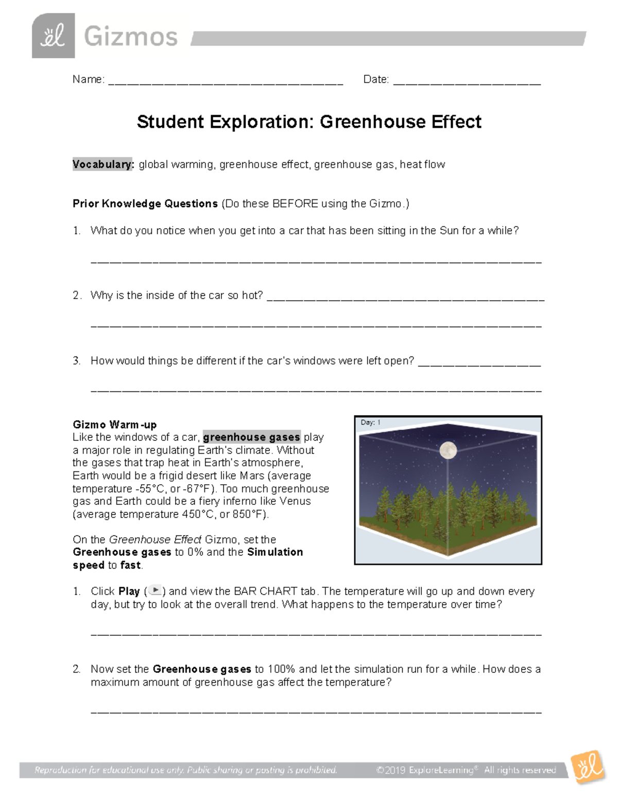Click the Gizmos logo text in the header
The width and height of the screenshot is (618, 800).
click(x=130, y=37)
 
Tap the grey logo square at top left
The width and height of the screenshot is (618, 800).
click(x=53, y=36)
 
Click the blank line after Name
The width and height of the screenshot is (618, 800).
click(x=226, y=81)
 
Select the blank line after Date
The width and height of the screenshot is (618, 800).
click(x=467, y=81)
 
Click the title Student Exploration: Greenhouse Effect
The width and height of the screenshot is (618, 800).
click(x=309, y=122)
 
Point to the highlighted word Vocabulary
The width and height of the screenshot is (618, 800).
click(x=103, y=164)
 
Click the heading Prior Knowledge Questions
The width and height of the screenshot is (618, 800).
click(x=145, y=204)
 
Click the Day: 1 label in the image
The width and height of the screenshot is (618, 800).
click(x=370, y=422)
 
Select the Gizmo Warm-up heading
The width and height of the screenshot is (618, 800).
click(x=114, y=424)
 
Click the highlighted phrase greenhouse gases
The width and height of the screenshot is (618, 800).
click(x=251, y=437)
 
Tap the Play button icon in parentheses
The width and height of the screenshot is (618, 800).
click(x=155, y=591)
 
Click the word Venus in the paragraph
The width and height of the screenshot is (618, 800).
click(x=295, y=501)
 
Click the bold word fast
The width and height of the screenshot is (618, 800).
click(x=130, y=565)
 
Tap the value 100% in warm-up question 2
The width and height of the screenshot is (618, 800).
click(x=281, y=669)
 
